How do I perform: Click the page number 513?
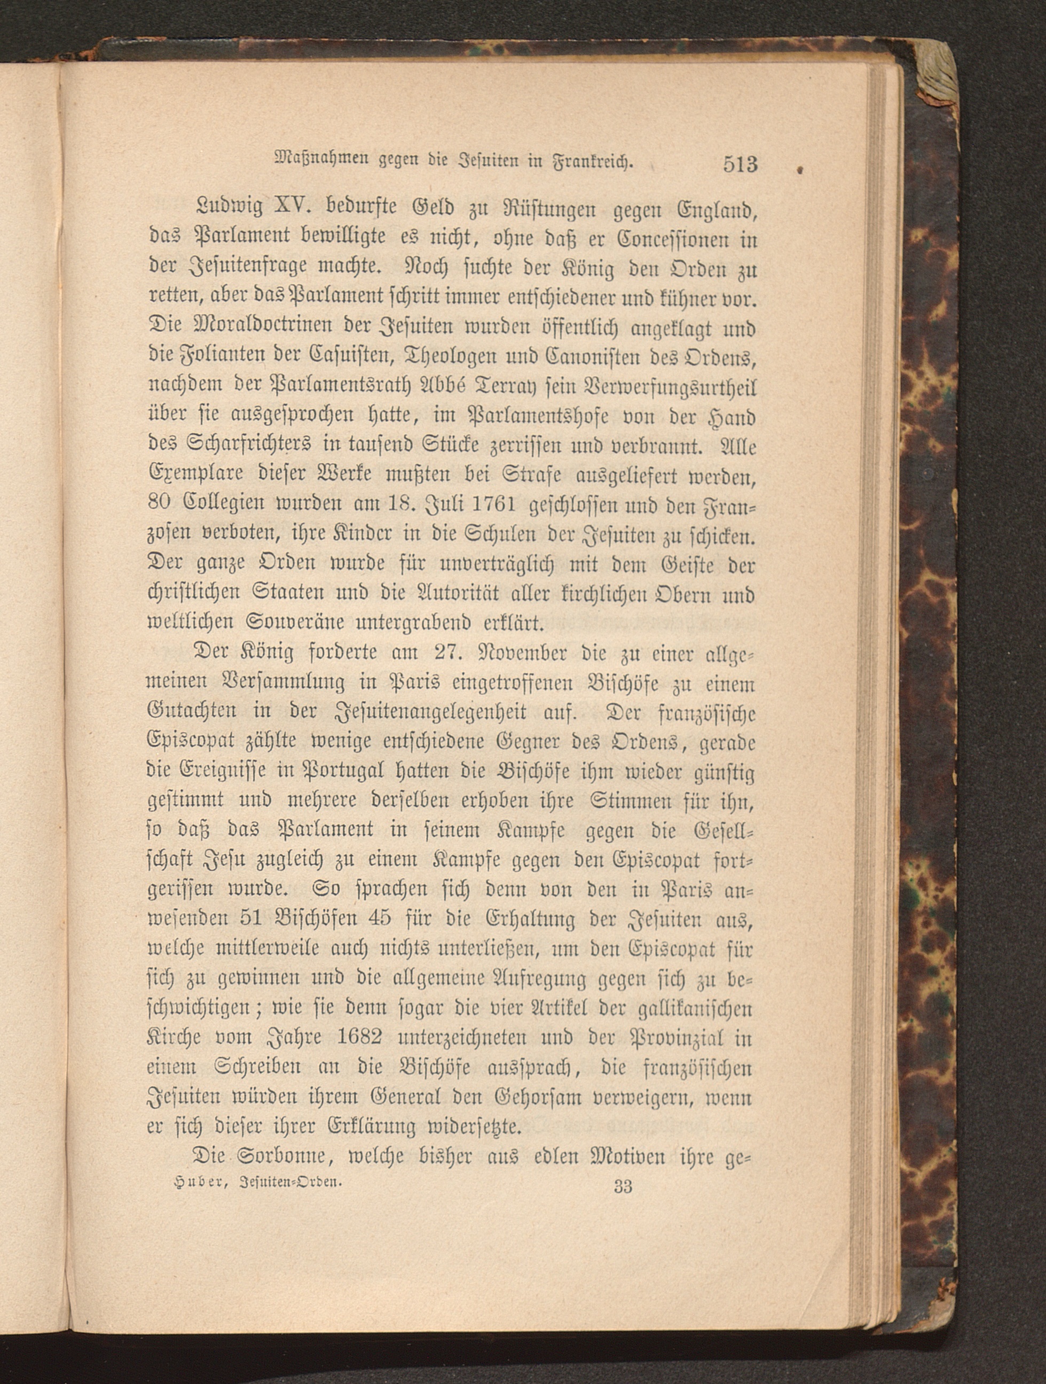[740, 164]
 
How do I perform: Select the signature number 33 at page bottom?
[623, 1186]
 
